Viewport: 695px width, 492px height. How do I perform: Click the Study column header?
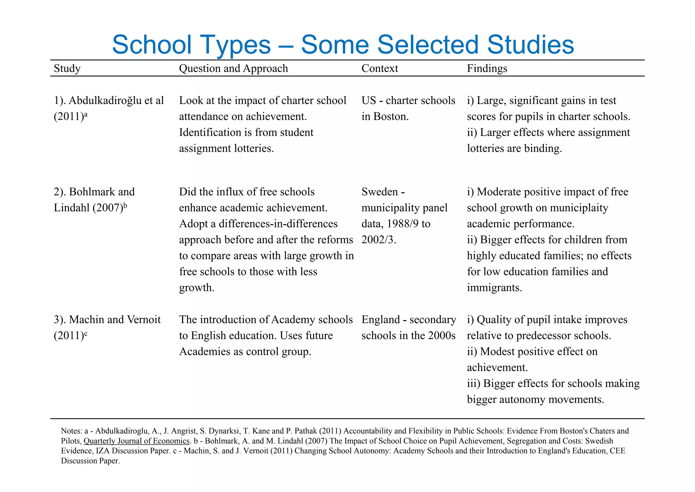pyautogui.click(x=67, y=68)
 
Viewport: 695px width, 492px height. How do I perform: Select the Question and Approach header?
pyautogui.click(x=233, y=68)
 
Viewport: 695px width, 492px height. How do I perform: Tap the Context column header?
pyautogui.click(x=379, y=68)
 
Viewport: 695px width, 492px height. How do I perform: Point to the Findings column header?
pyautogui.click(x=487, y=68)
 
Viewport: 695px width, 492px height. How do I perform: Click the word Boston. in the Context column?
pyautogui.click(x=391, y=117)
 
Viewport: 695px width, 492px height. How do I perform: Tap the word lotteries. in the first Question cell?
pyautogui.click(x=254, y=148)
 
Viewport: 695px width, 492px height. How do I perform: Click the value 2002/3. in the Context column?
pyautogui.click(x=379, y=240)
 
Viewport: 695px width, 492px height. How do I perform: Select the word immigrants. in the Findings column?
pyautogui.click(x=494, y=288)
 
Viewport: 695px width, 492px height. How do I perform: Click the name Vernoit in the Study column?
pyautogui.click(x=144, y=320)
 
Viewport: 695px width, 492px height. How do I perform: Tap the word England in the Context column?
pyautogui.click(x=381, y=320)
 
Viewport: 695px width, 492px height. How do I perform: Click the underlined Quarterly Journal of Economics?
pyautogui.click(x=136, y=441)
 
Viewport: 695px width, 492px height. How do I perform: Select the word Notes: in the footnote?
pyautogui.click(x=71, y=431)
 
